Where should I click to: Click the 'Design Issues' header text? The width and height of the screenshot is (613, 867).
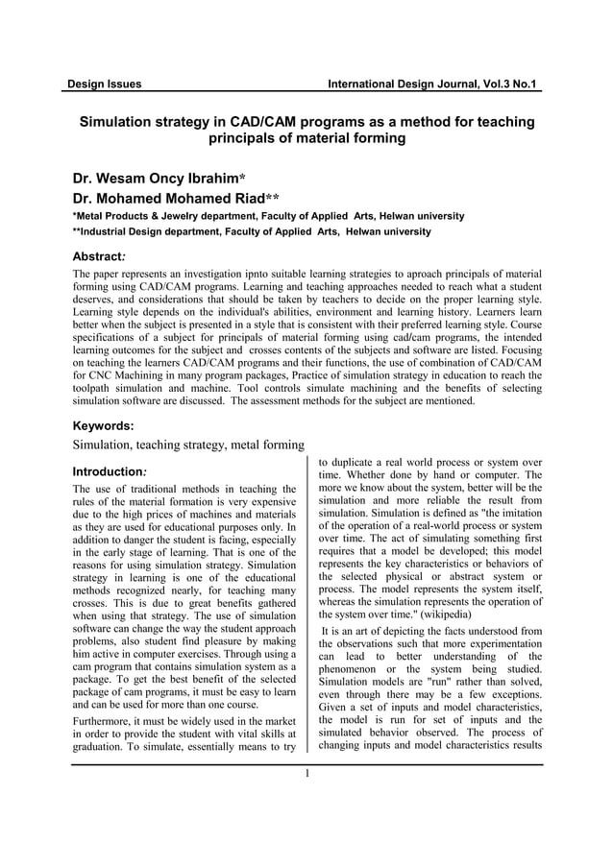(104, 84)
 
